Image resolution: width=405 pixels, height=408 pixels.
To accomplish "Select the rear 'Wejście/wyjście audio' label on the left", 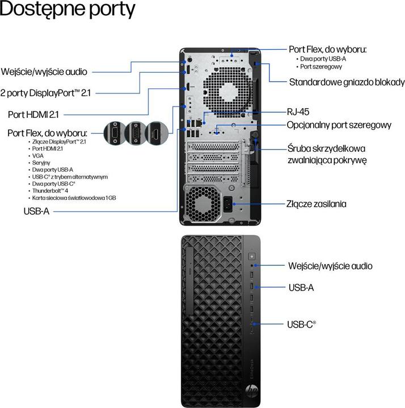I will click(45, 72).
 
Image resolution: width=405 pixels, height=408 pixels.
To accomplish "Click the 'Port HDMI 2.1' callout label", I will click(33, 114).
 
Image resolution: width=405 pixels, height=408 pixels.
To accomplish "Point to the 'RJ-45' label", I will click(298, 112).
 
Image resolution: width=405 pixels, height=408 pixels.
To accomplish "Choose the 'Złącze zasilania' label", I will click(324, 203).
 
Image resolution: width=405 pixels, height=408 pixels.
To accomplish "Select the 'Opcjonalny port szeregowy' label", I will click(339, 125).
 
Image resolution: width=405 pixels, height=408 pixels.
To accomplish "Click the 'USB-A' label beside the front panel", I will click(301, 287).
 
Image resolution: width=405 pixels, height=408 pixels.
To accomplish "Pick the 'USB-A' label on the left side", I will click(36, 211).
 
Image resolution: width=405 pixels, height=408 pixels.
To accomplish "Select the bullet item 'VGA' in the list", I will click(37, 155).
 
